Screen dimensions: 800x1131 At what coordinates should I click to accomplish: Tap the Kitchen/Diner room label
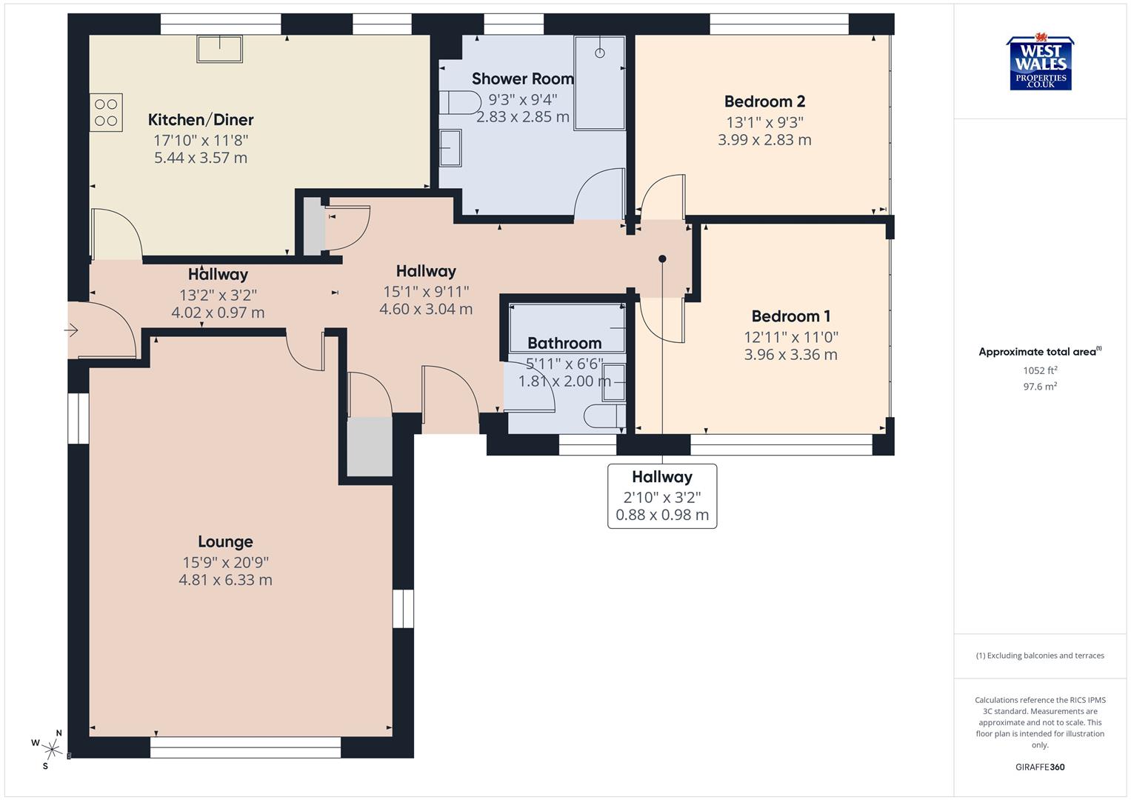[x=201, y=120]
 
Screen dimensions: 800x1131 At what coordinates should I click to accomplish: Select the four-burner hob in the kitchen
[x=106, y=113]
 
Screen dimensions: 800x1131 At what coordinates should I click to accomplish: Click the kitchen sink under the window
[x=219, y=49]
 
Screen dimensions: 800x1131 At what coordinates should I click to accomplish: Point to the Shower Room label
[x=522, y=79]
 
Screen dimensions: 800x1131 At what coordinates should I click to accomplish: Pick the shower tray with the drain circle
[x=599, y=82]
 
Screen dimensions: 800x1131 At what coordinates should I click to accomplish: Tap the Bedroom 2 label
[x=764, y=101]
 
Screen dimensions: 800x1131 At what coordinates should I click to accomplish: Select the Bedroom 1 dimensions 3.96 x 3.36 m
[x=790, y=355]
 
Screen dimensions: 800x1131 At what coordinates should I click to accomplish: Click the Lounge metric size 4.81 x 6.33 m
[x=225, y=580]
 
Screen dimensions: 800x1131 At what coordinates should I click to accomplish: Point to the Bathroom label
[x=564, y=343]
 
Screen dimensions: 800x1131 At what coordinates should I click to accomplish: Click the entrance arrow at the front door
[x=72, y=330]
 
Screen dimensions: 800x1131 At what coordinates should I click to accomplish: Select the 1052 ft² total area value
[x=1040, y=370]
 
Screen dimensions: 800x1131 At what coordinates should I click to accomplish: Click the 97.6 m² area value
[x=1040, y=386]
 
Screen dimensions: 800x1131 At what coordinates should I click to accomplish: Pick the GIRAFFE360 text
[x=1040, y=767]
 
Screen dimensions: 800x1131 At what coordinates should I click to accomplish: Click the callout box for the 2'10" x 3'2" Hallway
[x=662, y=496]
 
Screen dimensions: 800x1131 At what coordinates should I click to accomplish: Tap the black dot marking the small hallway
[x=662, y=259]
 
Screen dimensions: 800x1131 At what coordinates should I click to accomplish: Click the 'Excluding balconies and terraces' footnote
[x=1040, y=656]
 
